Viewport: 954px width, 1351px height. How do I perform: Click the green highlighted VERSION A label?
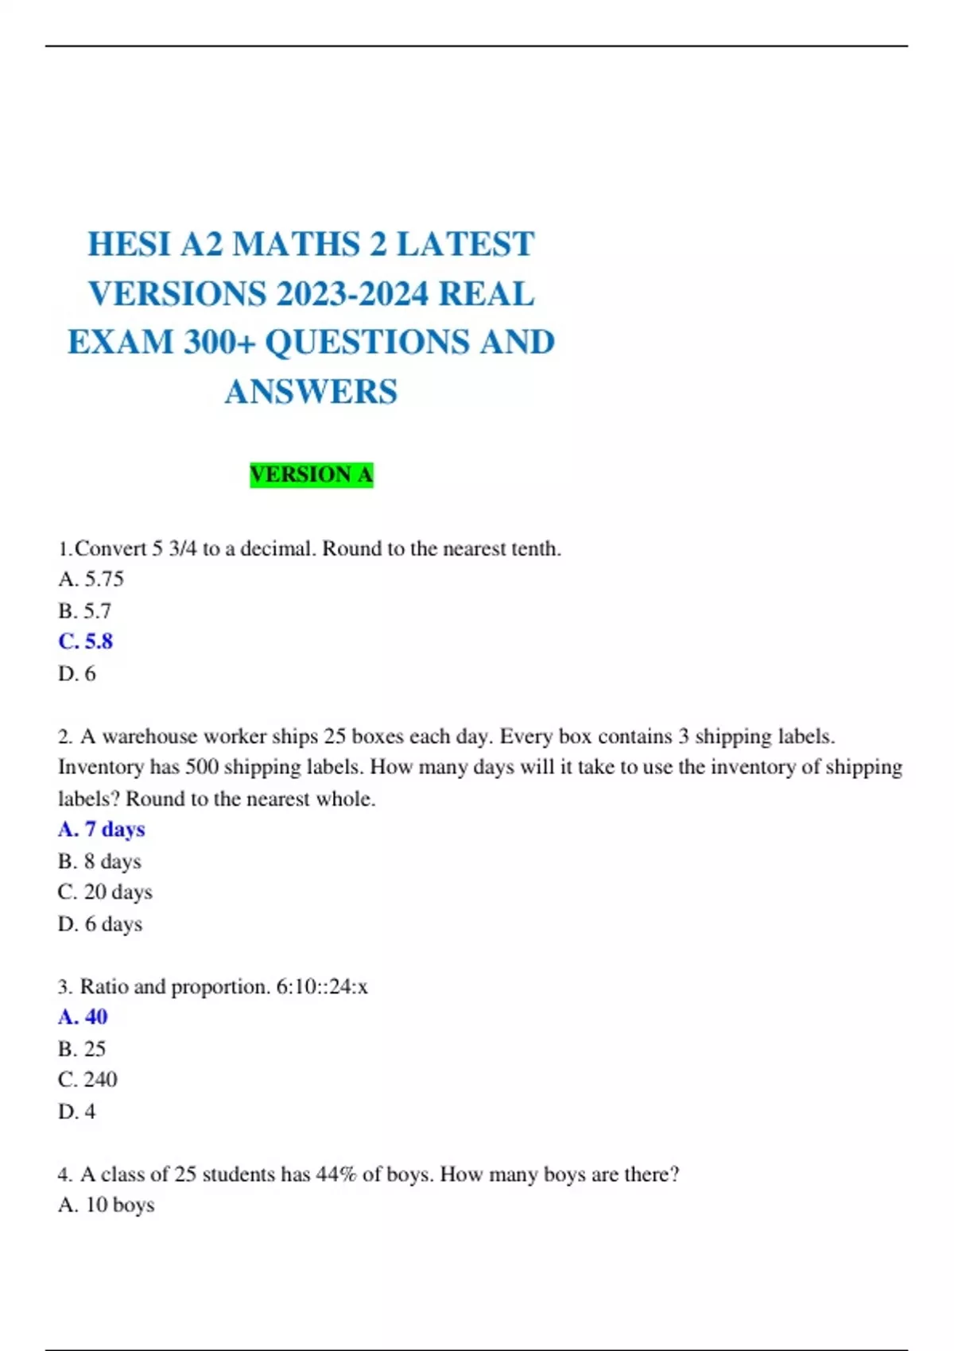tap(311, 474)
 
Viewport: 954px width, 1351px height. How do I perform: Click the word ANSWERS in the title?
tap(311, 392)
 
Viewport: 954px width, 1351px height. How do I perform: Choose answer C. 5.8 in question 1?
tap(85, 641)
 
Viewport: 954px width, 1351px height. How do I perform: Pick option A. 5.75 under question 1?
tap(91, 579)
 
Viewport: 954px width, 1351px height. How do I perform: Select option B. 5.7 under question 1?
tap(84, 610)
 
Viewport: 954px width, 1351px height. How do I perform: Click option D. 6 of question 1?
tap(76, 673)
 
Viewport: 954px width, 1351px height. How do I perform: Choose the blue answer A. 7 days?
tap(101, 829)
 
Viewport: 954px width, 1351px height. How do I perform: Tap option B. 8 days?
tap(99, 861)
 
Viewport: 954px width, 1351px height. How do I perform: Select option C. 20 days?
tap(104, 892)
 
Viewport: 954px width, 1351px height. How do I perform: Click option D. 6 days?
tap(99, 923)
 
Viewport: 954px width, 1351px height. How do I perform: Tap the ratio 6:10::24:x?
tap(321, 986)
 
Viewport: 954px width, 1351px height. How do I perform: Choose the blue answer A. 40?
tap(83, 1016)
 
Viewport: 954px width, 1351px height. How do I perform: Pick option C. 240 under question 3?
tap(87, 1079)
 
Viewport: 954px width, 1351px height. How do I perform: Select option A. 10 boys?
tap(106, 1205)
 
